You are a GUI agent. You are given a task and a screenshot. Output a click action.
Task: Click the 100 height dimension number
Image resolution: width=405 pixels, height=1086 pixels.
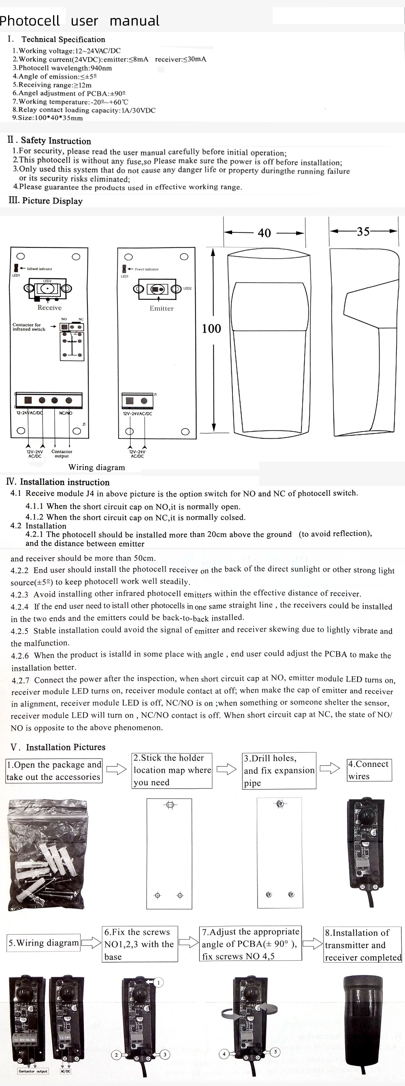(x=211, y=329)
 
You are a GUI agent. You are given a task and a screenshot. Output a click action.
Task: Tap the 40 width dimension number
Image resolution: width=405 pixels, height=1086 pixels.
(x=264, y=233)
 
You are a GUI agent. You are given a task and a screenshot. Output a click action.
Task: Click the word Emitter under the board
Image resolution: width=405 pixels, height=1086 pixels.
(x=161, y=308)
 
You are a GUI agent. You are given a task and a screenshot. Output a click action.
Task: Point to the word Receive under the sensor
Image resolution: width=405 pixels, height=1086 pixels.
(x=49, y=308)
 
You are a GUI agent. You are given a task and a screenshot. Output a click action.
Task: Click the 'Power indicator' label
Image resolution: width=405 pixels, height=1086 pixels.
(x=147, y=269)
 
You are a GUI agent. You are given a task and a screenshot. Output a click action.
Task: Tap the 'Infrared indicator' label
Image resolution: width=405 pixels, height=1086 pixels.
(x=40, y=269)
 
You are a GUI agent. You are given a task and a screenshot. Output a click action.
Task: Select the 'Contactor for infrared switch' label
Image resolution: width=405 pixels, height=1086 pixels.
(x=29, y=327)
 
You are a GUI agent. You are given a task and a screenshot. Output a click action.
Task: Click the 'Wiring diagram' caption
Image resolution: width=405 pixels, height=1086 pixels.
(x=96, y=467)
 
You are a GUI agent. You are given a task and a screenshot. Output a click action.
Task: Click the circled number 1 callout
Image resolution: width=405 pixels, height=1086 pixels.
(x=158, y=982)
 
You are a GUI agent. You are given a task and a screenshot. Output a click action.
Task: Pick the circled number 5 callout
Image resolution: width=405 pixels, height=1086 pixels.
(x=275, y=1052)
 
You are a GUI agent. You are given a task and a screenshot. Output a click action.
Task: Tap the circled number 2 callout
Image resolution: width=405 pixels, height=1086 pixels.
(x=116, y=1055)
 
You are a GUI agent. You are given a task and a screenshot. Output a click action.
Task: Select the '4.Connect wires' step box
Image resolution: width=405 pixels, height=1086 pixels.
(x=369, y=770)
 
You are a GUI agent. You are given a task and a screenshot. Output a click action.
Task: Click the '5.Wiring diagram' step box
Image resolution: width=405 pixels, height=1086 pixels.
(x=44, y=943)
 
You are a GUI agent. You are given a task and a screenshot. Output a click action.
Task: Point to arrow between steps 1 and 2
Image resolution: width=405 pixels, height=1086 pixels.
(x=116, y=770)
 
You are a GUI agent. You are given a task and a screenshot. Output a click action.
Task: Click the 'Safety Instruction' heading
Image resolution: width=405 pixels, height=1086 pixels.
(x=55, y=141)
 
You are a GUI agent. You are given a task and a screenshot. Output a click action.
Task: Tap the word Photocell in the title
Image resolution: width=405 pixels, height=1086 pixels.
(x=30, y=21)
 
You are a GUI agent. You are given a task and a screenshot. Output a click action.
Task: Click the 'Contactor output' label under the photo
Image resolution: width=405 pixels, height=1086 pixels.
(x=33, y=1071)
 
